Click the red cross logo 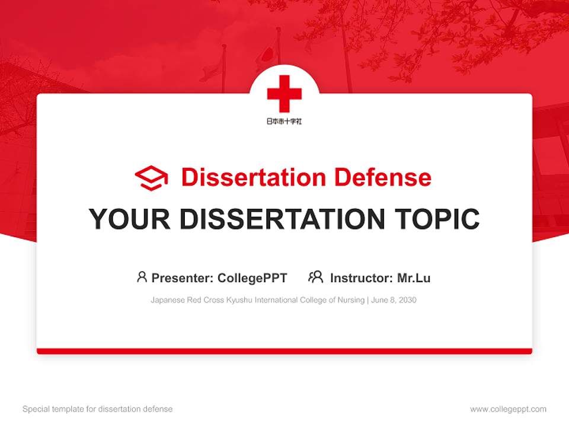(284, 93)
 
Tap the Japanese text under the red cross (284, 121)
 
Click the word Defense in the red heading (382, 177)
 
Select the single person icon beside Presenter (142, 277)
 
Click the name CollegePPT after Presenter (252, 278)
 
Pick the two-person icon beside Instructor (315, 277)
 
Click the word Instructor (361, 278)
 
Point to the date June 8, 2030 (394, 300)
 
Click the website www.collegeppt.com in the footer (508, 409)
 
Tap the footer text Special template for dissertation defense (98, 409)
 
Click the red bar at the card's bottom (284, 351)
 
